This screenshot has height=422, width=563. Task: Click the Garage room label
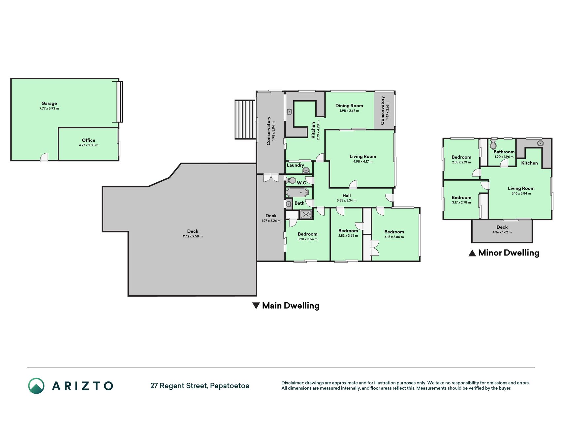coord(49,104)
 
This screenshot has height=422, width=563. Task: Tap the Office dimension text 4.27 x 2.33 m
coord(88,145)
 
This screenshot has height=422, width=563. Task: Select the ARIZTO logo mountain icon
coord(36,386)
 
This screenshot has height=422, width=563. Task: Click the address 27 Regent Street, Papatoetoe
coord(200,386)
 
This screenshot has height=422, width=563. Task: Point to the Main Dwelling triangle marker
coord(256,306)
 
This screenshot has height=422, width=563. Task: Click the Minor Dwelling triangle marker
coord(472,253)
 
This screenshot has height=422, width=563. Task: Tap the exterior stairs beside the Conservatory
coord(245,120)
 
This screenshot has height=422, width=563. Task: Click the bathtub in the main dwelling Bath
coord(297,192)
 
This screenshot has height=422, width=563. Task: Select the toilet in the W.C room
coord(291,180)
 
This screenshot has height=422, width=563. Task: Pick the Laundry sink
coord(306,170)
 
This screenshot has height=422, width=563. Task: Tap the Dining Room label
coord(349,106)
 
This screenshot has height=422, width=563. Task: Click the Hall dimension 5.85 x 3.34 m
coord(346,200)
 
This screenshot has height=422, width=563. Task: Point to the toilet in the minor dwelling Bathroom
coord(493,144)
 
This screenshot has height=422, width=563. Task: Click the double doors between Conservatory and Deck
coord(271,177)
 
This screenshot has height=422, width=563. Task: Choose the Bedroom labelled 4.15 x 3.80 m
coord(394,234)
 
